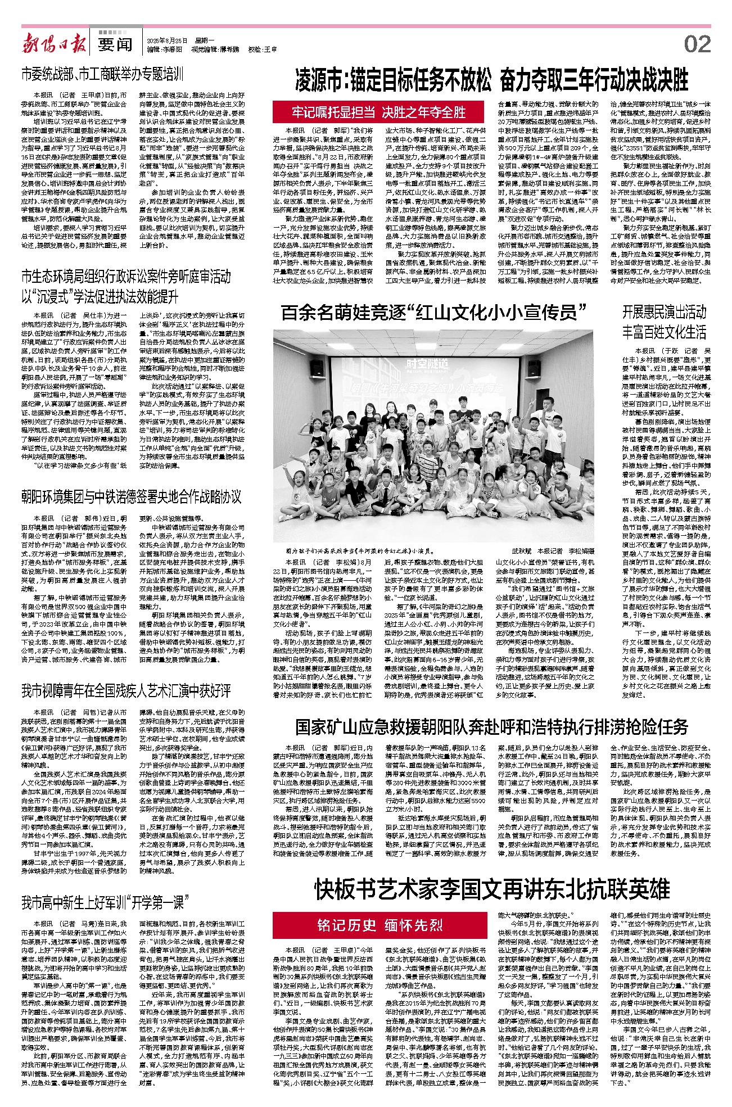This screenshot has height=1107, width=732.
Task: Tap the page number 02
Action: (x=697, y=44)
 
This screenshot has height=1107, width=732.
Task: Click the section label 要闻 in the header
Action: (x=115, y=44)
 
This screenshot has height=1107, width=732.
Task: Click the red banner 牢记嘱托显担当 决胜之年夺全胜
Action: (x=378, y=112)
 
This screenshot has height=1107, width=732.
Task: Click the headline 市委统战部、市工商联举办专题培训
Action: (x=102, y=74)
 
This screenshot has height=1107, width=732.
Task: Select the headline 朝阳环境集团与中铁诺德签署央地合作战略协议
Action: (x=131, y=496)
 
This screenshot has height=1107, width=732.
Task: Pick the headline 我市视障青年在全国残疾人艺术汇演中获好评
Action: (x=126, y=690)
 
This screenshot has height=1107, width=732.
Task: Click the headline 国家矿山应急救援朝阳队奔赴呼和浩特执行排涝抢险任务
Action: (x=491, y=726)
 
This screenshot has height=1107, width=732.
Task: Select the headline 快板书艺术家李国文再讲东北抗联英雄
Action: (x=491, y=890)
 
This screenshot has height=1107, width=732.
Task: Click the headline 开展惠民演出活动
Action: (x=664, y=312)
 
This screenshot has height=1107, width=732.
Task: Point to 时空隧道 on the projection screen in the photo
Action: (x=428, y=364)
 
